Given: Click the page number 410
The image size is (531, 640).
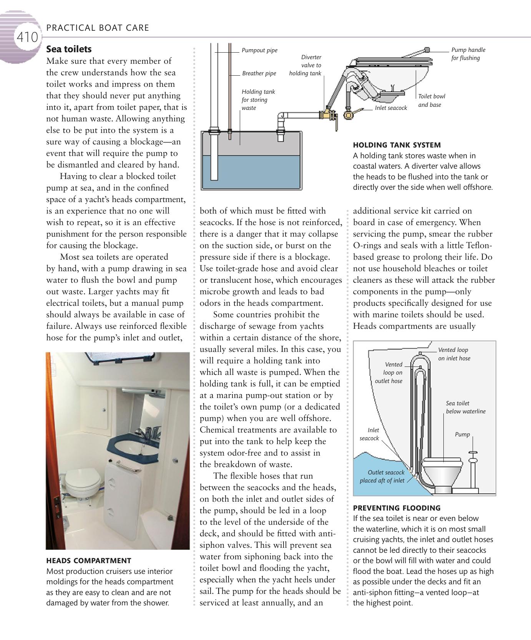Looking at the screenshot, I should click(x=27, y=37).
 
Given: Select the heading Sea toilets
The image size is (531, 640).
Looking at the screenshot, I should click(x=69, y=49).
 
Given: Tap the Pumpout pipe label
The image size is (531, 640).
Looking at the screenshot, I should click(x=259, y=50).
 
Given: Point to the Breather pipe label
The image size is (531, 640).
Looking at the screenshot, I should click(x=259, y=73).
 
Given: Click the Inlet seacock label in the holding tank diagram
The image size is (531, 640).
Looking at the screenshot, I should click(x=391, y=108).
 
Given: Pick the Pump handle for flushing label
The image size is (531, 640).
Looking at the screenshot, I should click(x=468, y=54).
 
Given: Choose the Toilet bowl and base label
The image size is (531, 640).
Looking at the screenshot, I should click(x=431, y=101).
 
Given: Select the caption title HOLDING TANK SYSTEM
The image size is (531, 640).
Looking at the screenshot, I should click(x=397, y=145).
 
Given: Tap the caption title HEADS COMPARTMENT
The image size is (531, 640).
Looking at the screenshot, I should click(x=88, y=560).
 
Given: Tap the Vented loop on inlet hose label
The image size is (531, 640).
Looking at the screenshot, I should click(x=454, y=354).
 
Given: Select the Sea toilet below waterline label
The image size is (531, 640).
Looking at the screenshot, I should click(x=465, y=407).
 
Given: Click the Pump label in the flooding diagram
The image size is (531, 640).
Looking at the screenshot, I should click(x=462, y=434).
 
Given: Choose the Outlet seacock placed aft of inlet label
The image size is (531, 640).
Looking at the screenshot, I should click(x=382, y=476).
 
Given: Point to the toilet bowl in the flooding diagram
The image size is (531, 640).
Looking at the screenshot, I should click(x=443, y=471).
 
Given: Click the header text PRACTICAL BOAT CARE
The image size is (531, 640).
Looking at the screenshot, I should click(x=98, y=28).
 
